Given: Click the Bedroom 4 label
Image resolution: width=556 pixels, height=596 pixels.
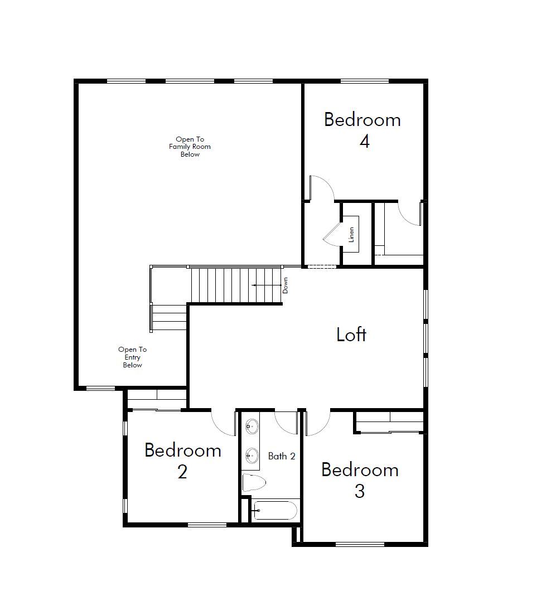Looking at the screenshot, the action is click(363, 130).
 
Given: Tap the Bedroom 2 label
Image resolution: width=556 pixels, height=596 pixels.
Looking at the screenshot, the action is click(183, 461).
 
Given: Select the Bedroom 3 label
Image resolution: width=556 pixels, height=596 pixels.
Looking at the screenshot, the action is click(360, 480).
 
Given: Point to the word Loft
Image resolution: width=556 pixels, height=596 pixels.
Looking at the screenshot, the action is click(351, 335).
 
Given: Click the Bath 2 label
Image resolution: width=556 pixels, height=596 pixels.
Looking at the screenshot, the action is click(282, 456).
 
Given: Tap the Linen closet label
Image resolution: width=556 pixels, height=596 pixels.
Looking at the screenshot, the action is click(351, 235).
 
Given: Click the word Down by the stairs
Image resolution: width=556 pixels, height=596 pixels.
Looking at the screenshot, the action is click(285, 285).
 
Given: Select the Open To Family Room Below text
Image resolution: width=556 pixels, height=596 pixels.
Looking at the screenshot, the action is click(190, 147).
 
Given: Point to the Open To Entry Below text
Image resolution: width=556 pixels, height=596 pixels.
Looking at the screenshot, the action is click(132, 357).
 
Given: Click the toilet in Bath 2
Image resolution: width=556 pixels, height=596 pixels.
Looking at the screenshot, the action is click(254, 483).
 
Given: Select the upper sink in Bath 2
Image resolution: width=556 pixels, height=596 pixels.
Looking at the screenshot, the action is click(252, 427).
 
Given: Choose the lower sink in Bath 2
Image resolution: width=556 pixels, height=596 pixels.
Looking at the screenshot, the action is click(252, 455).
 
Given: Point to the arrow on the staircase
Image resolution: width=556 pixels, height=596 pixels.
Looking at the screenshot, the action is click(266, 285).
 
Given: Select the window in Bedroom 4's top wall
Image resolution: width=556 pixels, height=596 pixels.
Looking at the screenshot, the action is click(365, 81).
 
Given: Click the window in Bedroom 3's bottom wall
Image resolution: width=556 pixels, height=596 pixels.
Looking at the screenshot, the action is click(360, 544).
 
